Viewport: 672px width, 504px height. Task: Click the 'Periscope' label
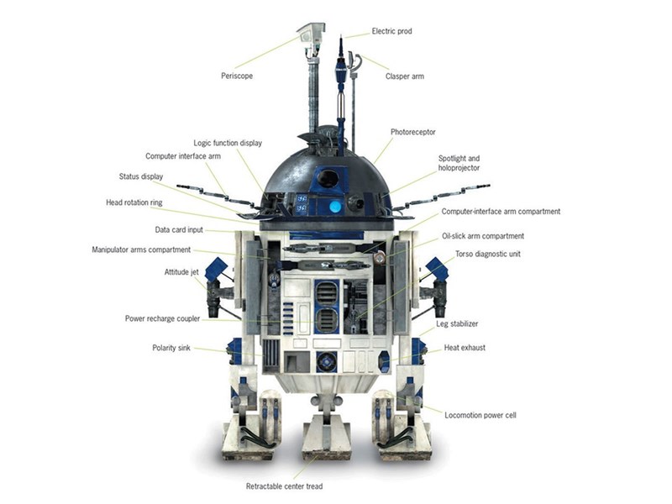(237, 76)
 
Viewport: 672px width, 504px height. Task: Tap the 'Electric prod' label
(391, 31)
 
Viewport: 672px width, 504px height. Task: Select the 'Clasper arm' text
(405, 76)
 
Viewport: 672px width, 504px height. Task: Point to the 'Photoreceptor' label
(412, 133)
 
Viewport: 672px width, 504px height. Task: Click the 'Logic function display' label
(228, 143)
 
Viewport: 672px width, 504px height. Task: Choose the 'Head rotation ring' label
(134, 202)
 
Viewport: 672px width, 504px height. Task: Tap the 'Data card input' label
(179, 230)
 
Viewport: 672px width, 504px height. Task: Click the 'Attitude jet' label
(181, 272)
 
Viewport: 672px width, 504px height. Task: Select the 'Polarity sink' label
(171, 348)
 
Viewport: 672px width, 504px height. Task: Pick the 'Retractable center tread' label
(284, 486)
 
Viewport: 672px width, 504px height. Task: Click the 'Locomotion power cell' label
(480, 415)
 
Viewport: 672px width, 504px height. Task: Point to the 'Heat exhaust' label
(465, 348)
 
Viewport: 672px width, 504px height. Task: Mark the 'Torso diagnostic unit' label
(488, 255)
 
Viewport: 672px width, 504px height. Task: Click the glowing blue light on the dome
(335, 207)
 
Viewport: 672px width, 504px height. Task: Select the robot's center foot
(324, 439)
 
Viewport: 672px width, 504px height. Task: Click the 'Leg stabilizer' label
(457, 324)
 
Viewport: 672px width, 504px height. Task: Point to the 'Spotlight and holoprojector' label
(459, 163)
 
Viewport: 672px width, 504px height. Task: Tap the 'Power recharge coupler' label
(162, 319)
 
